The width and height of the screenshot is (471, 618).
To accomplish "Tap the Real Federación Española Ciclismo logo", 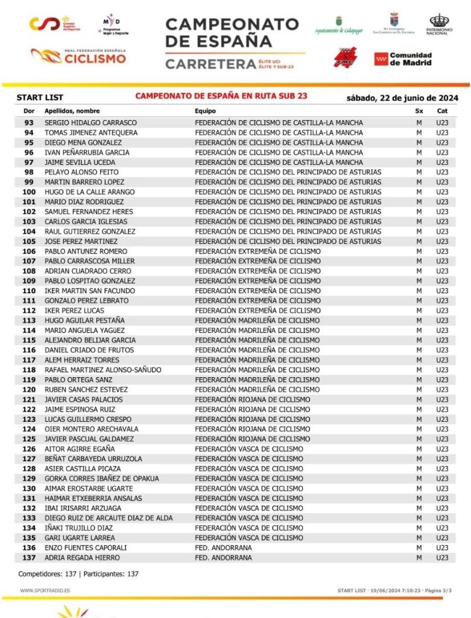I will pos(79,57).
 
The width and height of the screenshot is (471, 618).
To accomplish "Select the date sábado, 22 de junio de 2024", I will pos(402,98).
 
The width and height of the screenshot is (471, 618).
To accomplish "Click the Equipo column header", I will pos(205,111).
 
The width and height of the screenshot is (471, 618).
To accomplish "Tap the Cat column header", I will pos(442,111).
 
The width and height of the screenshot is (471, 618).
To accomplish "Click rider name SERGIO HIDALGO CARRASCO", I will pos(91,123).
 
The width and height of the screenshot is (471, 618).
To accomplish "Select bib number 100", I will pos(28,192).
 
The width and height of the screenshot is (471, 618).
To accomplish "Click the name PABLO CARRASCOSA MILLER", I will pos(90,261).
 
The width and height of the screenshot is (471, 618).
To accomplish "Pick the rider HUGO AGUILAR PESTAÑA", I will pos(85,320).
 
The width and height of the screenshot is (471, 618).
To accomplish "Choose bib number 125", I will pos(28,439).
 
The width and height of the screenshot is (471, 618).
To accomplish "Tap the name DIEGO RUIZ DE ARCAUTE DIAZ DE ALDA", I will pos(109,518).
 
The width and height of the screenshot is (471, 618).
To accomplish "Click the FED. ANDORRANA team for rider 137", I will pos(223,558).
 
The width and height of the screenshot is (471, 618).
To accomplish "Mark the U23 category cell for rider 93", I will pos(442,123).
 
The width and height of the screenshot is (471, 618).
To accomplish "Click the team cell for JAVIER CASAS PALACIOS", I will pos(252,400).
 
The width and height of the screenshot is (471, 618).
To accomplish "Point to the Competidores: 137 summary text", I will pos(48,574).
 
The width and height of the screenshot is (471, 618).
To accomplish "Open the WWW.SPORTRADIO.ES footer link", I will pos(45,590).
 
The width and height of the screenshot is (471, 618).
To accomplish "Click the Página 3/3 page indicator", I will pos(439,590).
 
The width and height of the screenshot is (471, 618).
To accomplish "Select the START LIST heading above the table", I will pos(40,98).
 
